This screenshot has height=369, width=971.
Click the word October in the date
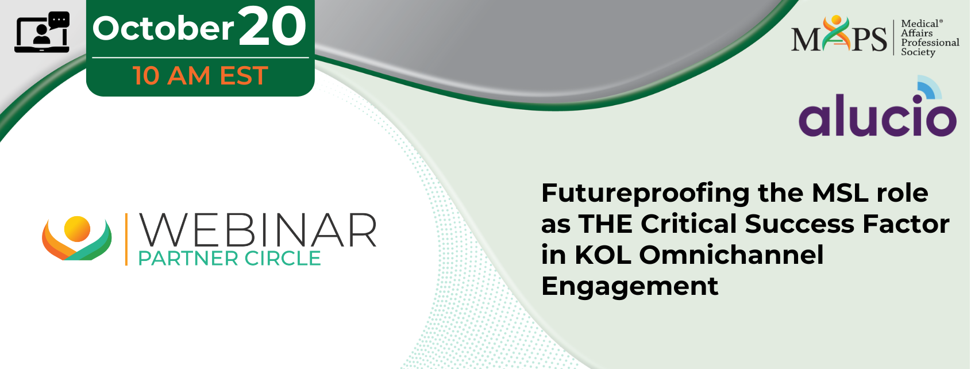pos(163,29)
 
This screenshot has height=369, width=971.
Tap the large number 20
pos(272,26)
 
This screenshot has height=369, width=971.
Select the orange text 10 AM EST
pos(201,75)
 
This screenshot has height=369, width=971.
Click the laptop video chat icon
pos(42,32)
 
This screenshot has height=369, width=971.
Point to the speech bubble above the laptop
pos(59,20)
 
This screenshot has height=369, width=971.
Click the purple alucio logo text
pos(877,115)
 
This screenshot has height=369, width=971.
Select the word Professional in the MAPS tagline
pos(930,43)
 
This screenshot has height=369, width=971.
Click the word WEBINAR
pos(257,230)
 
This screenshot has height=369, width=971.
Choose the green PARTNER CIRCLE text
pos(229,259)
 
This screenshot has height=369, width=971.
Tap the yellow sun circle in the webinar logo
pos(77,229)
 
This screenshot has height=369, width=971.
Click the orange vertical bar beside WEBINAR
pos(126,239)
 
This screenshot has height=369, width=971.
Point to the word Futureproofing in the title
pos(645,194)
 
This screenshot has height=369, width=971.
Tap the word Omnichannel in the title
pos(731,255)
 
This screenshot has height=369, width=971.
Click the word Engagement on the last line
pos(630,287)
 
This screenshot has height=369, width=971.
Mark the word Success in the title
pos(799,224)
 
